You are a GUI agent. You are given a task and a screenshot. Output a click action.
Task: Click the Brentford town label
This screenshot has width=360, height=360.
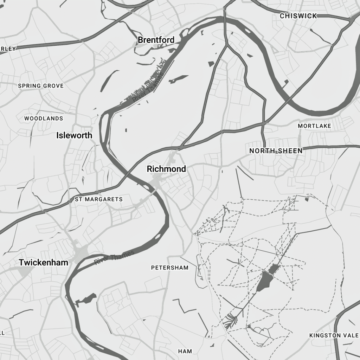tap(156, 40)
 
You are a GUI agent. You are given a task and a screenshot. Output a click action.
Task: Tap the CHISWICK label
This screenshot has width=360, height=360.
tap(298, 16)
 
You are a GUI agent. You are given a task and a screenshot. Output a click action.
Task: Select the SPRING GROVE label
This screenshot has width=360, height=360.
tap(41, 86)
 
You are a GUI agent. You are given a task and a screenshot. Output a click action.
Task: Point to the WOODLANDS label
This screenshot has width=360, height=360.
tap(44, 118)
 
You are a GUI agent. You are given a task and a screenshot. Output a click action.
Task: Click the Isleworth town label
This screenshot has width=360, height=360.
tap(74, 135)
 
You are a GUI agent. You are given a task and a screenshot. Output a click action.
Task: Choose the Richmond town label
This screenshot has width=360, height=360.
tap(166, 169)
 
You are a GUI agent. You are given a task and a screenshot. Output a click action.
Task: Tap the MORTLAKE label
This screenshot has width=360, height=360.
tap(314, 126)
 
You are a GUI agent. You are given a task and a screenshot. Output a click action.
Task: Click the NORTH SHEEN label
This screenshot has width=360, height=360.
tap(276, 151)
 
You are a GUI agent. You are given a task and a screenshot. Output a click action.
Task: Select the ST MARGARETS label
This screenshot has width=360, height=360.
tap(99, 199)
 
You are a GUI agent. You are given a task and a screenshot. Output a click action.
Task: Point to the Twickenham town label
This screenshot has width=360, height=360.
tap(44, 262)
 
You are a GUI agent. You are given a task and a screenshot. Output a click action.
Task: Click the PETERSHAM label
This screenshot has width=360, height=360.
tap(170, 268)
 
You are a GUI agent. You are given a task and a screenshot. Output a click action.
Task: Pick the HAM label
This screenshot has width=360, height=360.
tap(185, 351)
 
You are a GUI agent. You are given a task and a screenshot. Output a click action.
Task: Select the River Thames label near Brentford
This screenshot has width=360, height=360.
tap(148, 88)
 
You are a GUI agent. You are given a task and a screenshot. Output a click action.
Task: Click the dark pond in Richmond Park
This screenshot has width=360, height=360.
tap(265, 279)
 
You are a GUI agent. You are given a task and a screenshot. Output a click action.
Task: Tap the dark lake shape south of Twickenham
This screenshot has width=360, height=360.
tap(86, 299)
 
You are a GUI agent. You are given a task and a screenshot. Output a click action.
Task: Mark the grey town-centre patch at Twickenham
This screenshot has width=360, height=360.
tap(81, 252)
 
